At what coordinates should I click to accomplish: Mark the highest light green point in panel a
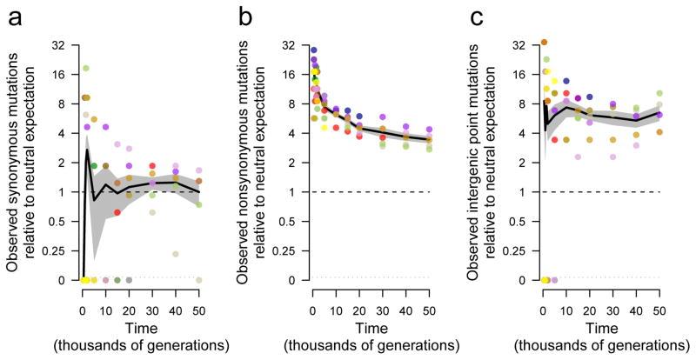pos(86,68)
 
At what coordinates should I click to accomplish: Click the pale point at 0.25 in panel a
pos(176,254)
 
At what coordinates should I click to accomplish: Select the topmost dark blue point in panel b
pos(313,50)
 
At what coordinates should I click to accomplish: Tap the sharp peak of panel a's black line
pos(88,150)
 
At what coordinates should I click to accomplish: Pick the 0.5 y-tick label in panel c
pos(520,222)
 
